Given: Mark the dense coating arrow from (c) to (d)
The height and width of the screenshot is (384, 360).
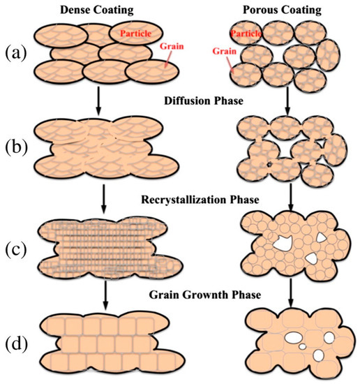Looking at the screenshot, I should (91, 293).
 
